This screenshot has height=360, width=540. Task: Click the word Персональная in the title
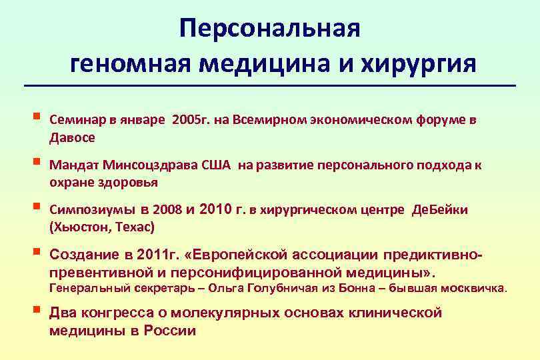coord(269,29)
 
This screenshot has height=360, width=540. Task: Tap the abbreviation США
coord(215,165)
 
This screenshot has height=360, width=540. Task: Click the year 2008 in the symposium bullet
coord(167,210)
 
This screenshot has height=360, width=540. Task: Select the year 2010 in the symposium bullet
coord(216,210)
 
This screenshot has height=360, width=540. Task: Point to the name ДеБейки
coord(440,210)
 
